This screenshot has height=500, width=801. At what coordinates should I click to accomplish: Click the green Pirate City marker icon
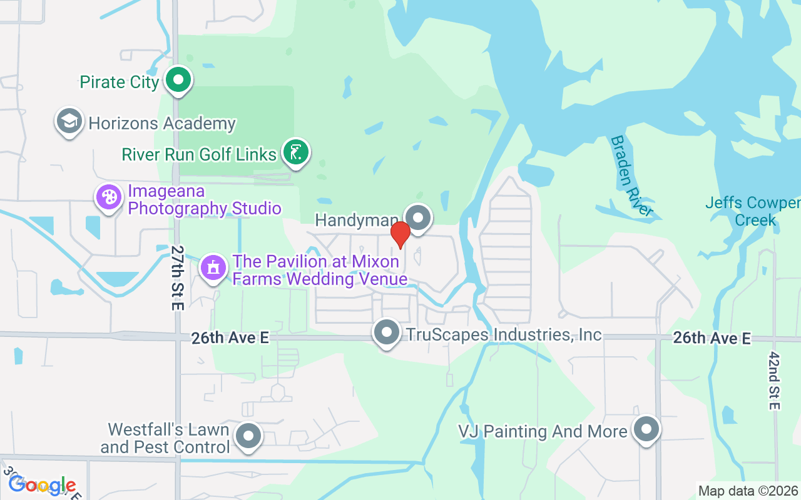(179, 81)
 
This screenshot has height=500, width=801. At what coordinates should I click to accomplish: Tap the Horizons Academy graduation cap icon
(69, 121)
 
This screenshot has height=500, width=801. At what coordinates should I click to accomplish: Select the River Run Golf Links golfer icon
(296, 152)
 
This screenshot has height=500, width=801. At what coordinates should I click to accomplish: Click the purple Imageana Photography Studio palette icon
(109, 197)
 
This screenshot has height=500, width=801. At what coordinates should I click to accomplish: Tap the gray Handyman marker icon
(418, 218)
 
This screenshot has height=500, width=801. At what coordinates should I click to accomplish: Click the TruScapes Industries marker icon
(387, 332)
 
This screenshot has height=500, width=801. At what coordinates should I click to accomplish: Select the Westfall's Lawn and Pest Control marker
(248, 436)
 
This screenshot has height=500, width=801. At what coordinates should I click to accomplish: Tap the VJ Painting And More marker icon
(646, 429)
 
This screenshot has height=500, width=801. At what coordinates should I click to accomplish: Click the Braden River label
(631, 175)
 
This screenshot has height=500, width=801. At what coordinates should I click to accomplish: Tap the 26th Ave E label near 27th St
(230, 337)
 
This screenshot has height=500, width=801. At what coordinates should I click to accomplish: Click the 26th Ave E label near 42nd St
(712, 338)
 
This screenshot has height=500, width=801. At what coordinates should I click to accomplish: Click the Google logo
(42, 485)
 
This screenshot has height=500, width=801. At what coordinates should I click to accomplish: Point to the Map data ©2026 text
(748, 491)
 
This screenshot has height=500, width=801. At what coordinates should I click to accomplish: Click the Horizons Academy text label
(162, 123)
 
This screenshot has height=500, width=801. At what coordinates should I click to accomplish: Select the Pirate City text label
(119, 82)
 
